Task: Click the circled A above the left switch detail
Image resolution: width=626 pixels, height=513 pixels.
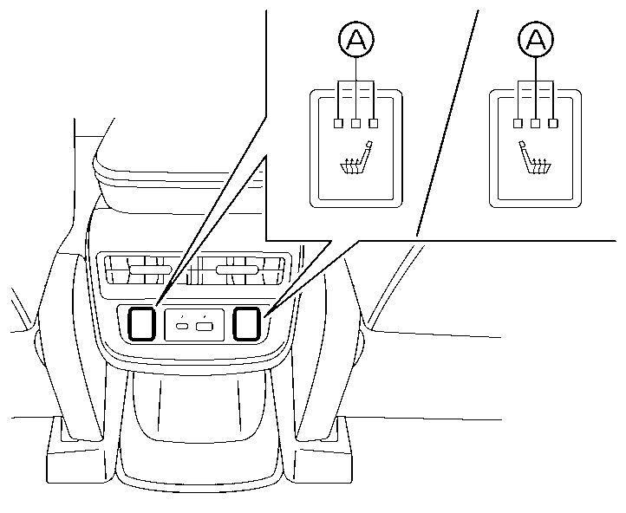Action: pos(355,39)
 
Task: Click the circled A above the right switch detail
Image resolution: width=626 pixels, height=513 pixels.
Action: pos(535,39)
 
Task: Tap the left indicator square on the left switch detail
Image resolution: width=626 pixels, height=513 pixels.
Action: pos(337,123)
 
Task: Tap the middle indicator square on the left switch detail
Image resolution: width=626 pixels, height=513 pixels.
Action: pos(355,123)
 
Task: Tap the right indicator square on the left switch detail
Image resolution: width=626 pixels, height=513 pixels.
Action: pos(374,123)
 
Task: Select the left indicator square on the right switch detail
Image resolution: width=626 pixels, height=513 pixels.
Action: pos(518,123)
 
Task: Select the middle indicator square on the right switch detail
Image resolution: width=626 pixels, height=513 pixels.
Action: pos(535,123)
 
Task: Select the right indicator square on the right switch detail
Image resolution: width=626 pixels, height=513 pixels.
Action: pos(553,123)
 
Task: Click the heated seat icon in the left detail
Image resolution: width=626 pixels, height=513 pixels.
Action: pos(355,161)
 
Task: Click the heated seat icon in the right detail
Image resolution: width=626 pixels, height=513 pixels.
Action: pos(536,161)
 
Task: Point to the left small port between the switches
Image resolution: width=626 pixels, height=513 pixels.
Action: pos(185,326)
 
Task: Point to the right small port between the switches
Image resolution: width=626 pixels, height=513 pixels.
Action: pos(205,326)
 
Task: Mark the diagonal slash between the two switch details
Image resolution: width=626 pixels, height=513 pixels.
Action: pos(447,121)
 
